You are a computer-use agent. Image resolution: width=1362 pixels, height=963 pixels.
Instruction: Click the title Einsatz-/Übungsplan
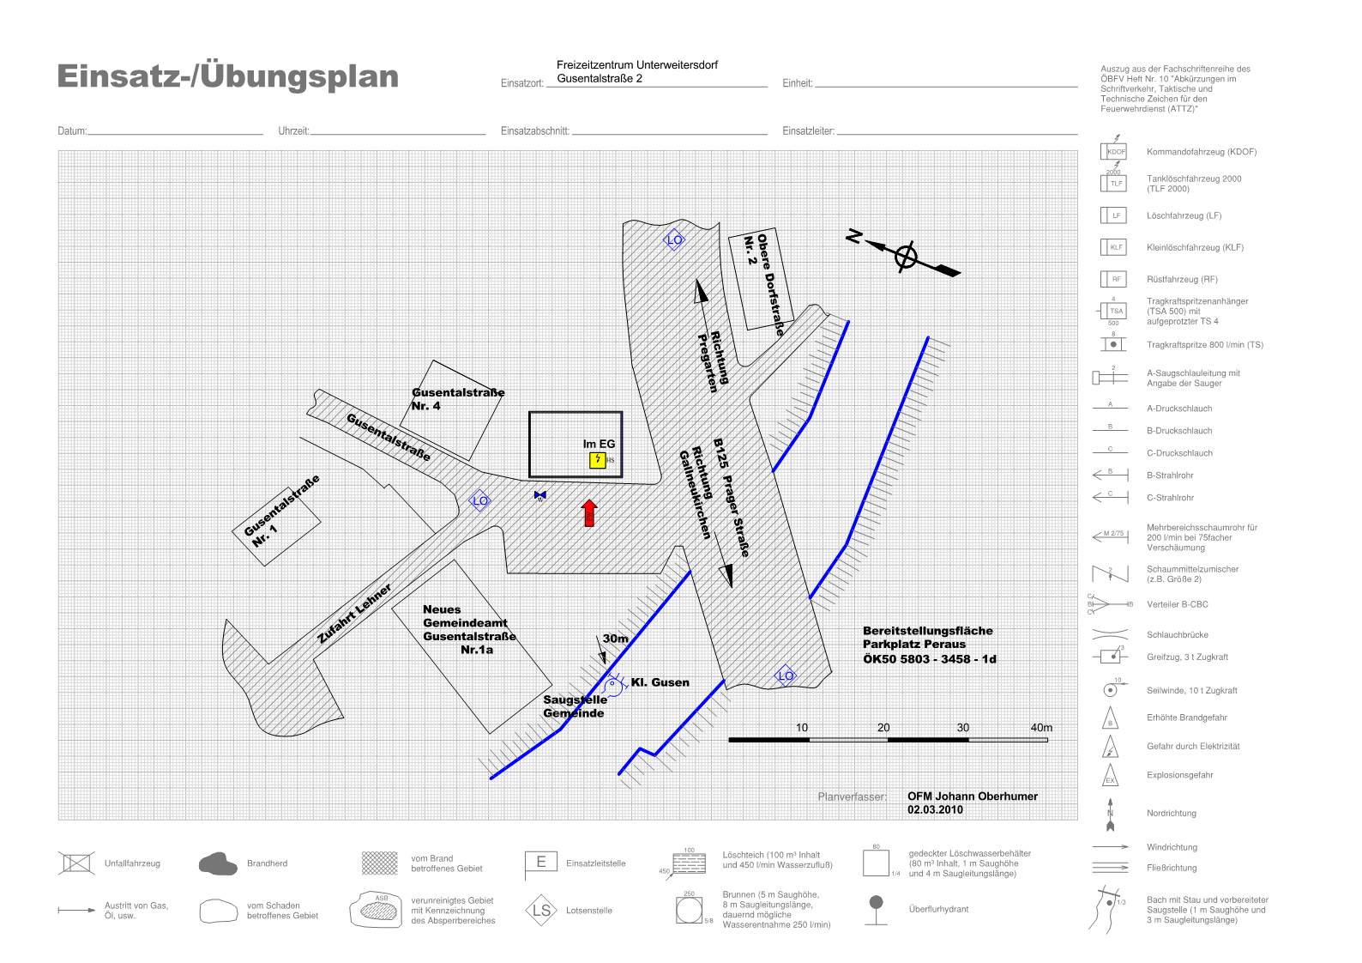click(227, 76)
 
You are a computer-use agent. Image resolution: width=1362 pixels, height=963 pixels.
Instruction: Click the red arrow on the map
click(589, 513)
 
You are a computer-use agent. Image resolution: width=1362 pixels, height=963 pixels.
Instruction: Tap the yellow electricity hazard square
click(598, 461)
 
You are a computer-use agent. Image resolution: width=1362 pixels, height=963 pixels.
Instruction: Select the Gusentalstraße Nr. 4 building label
click(457, 399)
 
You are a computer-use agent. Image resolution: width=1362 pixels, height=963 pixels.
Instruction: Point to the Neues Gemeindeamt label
click(468, 629)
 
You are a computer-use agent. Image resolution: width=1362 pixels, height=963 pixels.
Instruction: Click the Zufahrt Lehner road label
click(354, 613)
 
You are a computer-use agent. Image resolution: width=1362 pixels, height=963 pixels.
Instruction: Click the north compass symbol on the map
click(906, 256)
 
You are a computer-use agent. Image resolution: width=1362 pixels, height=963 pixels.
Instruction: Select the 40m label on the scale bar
click(1041, 728)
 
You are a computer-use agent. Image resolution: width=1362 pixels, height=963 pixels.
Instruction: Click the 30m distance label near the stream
click(615, 639)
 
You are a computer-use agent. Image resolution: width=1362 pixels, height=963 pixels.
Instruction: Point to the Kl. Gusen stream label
click(660, 682)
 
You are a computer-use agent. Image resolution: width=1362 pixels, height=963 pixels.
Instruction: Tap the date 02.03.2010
click(935, 809)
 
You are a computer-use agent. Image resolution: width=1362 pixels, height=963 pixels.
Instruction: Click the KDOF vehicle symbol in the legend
click(1115, 152)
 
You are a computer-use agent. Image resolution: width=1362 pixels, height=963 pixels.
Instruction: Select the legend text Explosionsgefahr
click(1179, 775)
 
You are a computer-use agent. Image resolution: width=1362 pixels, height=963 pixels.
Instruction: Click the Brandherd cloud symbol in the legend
click(218, 864)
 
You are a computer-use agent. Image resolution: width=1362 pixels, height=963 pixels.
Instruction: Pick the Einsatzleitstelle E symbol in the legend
click(540, 863)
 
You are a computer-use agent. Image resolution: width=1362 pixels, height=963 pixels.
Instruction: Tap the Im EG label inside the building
click(599, 444)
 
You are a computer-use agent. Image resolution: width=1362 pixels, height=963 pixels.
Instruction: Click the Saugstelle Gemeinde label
click(574, 706)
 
